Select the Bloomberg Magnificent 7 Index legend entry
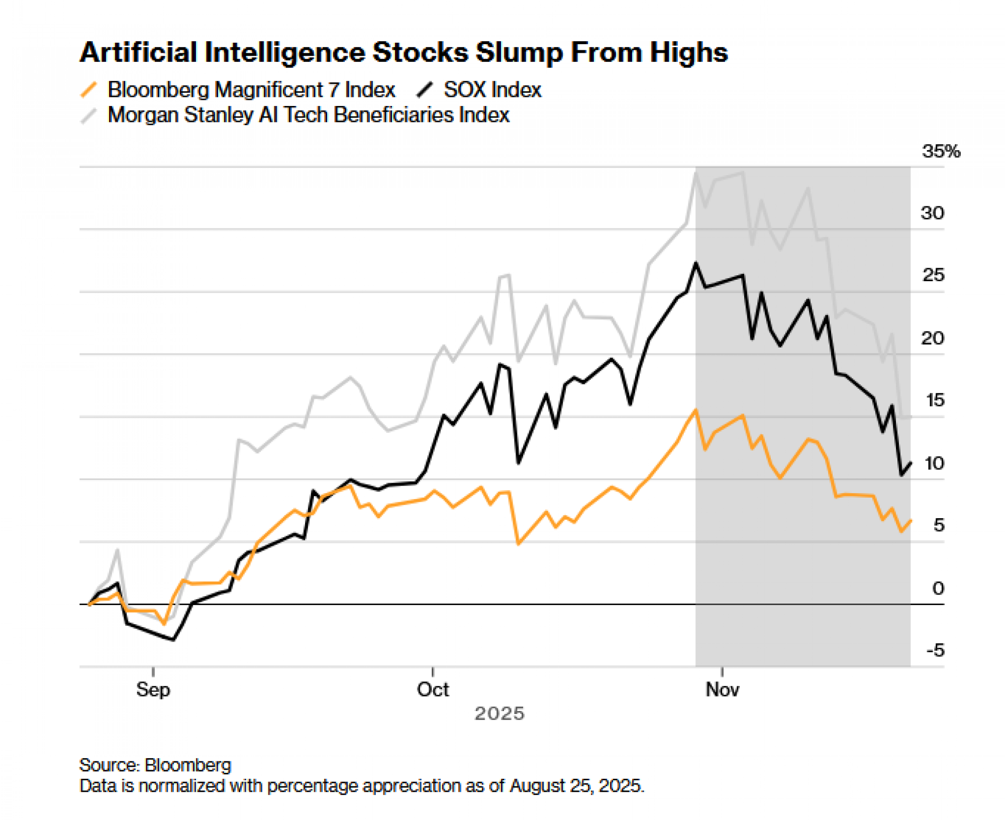click(251, 90)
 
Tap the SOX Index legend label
click(492, 90)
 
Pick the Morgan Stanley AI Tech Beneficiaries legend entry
click(309, 115)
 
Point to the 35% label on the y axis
click(940, 151)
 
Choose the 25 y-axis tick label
click(933, 275)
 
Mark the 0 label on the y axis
click(938, 588)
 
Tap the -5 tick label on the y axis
click(935, 650)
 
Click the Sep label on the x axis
click(153, 689)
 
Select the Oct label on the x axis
click(433, 689)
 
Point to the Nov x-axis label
click(722, 689)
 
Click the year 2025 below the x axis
click(499, 714)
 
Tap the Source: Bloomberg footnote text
click(155, 765)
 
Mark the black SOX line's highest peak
click(696, 263)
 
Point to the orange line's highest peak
click(696, 410)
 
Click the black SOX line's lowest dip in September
click(173, 640)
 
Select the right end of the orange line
click(911, 521)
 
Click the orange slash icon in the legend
click(89, 90)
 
